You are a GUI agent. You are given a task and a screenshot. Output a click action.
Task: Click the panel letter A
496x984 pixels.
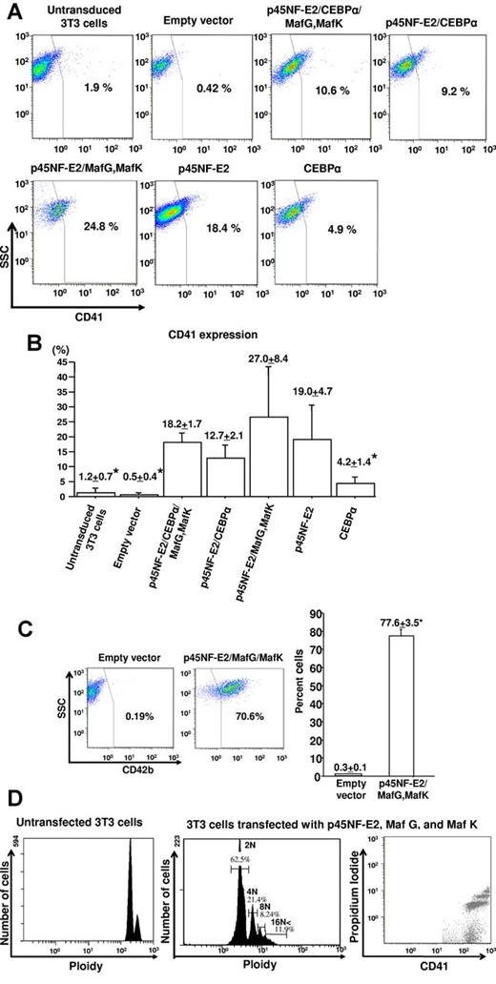(x=11, y=13)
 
